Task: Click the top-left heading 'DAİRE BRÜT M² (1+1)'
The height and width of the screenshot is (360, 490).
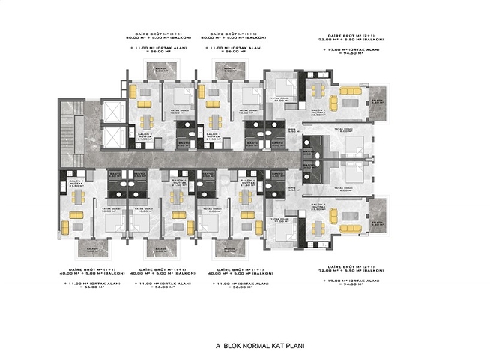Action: (x=154, y=34)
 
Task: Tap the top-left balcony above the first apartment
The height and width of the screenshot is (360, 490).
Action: (x=160, y=71)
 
